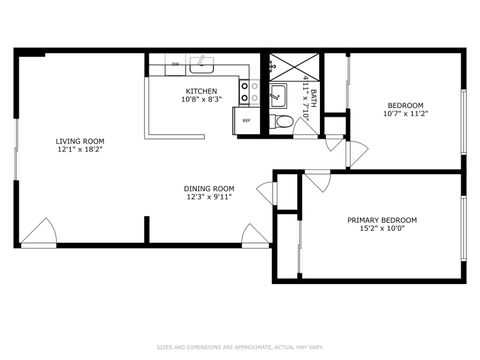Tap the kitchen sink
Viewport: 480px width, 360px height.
[202, 65]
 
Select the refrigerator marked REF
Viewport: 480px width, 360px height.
[246, 120]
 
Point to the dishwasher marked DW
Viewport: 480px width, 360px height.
[175, 65]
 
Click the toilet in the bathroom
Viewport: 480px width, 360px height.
[283, 121]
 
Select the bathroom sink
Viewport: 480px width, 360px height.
[278, 96]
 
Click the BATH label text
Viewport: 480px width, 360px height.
[313, 97]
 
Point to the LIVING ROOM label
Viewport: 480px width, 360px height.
[80, 141]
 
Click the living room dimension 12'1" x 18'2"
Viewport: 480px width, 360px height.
[80, 150]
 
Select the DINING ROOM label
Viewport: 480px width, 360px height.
[208, 188]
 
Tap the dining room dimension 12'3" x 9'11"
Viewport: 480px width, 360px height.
[208, 197]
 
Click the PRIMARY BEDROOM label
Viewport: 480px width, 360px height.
[381, 220]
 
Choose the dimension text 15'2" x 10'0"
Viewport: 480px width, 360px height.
[381, 229]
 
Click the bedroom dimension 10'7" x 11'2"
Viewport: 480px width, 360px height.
[405, 114]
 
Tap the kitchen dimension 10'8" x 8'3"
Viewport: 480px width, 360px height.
[200, 100]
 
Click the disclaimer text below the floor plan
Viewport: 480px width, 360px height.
[239, 347]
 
